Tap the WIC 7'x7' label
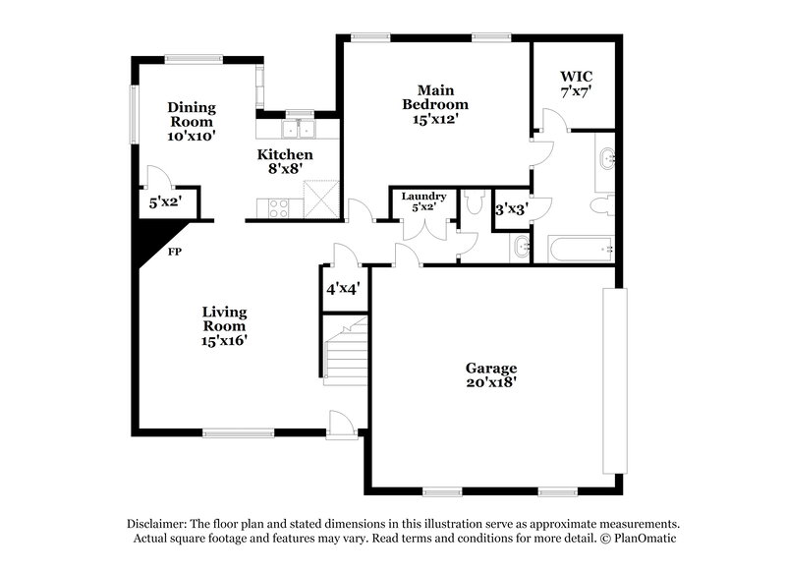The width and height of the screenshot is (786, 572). pos(576,84)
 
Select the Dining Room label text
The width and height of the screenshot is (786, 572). pos(191,121)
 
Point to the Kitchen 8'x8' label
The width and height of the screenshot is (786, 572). pos(285,161)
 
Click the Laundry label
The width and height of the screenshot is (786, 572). pos(424,201)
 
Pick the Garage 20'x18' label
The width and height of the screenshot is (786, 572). pos(491,374)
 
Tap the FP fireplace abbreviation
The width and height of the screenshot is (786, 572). pos(175,252)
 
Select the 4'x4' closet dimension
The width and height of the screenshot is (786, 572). pos(343,289)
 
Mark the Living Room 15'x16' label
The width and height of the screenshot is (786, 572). pos(224,326)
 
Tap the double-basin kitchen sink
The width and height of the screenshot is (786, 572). pos(296,128)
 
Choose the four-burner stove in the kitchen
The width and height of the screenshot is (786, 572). pos(278,207)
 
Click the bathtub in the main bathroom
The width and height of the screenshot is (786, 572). pos(580,249)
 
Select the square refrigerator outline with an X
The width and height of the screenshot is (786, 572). pos(321,200)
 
